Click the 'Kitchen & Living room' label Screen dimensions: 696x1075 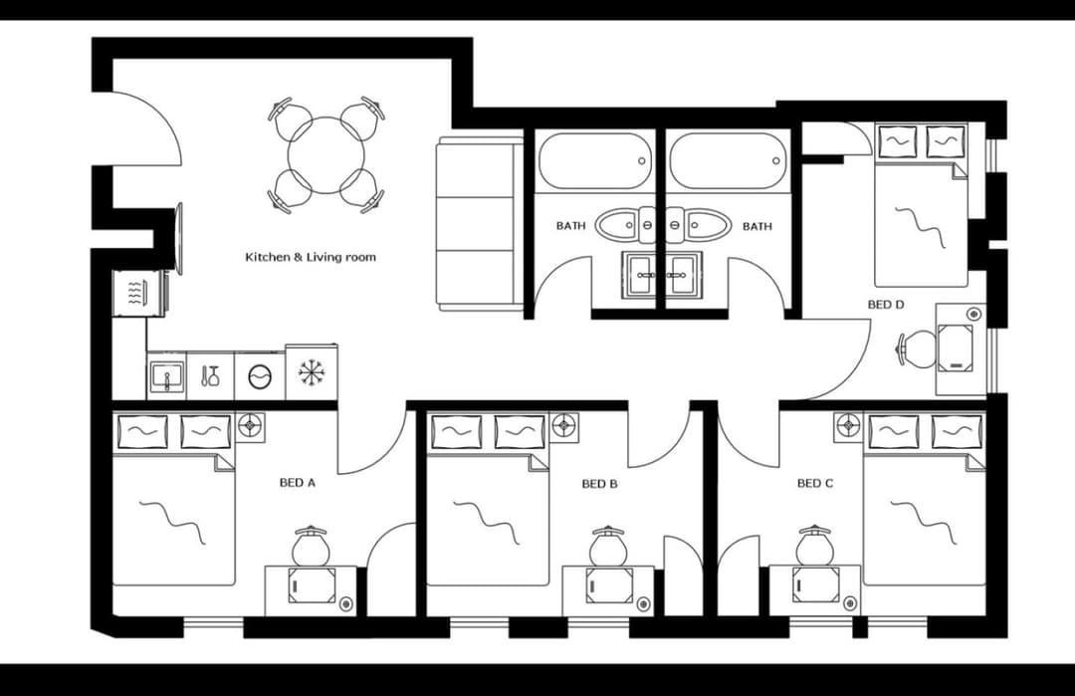point(311,257)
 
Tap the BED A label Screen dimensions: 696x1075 point(297,483)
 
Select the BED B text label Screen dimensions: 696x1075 point(600,484)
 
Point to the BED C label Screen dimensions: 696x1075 point(815,483)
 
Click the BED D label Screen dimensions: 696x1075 point(886,305)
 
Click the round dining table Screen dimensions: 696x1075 point(326,155)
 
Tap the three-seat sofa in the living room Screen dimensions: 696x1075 point(479,225)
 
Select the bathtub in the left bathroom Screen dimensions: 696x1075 point(594,160)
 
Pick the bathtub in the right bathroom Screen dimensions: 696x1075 point(728,160)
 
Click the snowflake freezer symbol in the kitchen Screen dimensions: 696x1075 point(312,373)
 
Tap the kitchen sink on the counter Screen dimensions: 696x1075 point(166,377)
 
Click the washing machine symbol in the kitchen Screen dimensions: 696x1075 point(259,377)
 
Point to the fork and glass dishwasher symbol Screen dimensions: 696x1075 point(210,376)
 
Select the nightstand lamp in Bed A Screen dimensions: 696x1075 point(251,427)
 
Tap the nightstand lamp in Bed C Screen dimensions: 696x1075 point(848,427)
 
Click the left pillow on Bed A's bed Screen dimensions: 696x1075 point(142,432)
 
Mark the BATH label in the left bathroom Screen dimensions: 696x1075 point(570,226)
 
